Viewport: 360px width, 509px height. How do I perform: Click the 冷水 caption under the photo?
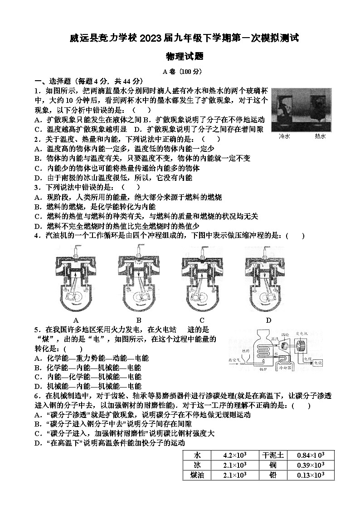[284, 136]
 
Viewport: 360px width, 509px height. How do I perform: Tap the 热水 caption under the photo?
[320, 136]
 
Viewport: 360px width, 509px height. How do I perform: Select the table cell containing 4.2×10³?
[235, 455]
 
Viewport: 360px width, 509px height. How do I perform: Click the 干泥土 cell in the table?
[272, 455]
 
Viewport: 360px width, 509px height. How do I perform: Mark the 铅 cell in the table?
[272, 475]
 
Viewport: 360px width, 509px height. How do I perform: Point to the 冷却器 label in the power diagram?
[285, 368]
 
